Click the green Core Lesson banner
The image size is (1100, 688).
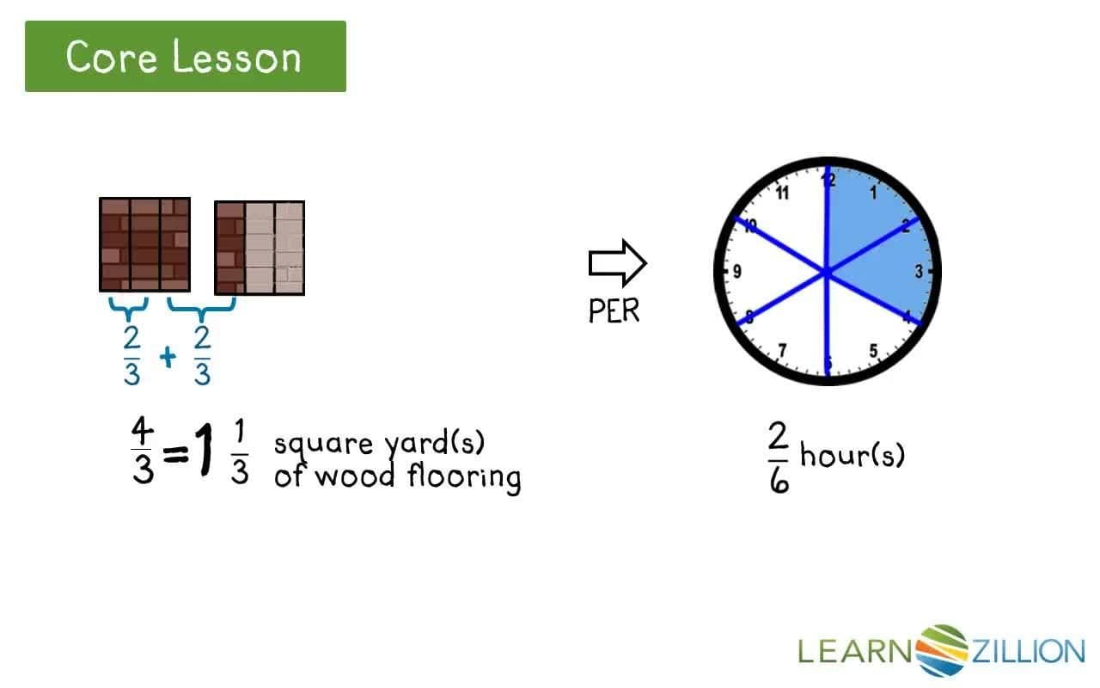[x=185, y=57]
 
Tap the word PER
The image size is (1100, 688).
[x=614, y=310]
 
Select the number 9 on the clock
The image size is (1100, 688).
[x=736, y=273]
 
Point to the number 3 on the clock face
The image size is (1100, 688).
[x=918, y=273]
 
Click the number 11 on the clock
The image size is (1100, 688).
[x=781, y=193]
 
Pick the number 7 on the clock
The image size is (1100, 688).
[x=781, y=350]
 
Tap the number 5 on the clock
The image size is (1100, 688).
[x=873, y=350]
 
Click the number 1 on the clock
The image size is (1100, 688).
[x=873, y=193]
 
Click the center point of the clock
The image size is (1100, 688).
[x=827, y=273]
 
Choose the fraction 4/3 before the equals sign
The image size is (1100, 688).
[x=142, y=451]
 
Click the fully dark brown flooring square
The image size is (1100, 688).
[x=144, y=245]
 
